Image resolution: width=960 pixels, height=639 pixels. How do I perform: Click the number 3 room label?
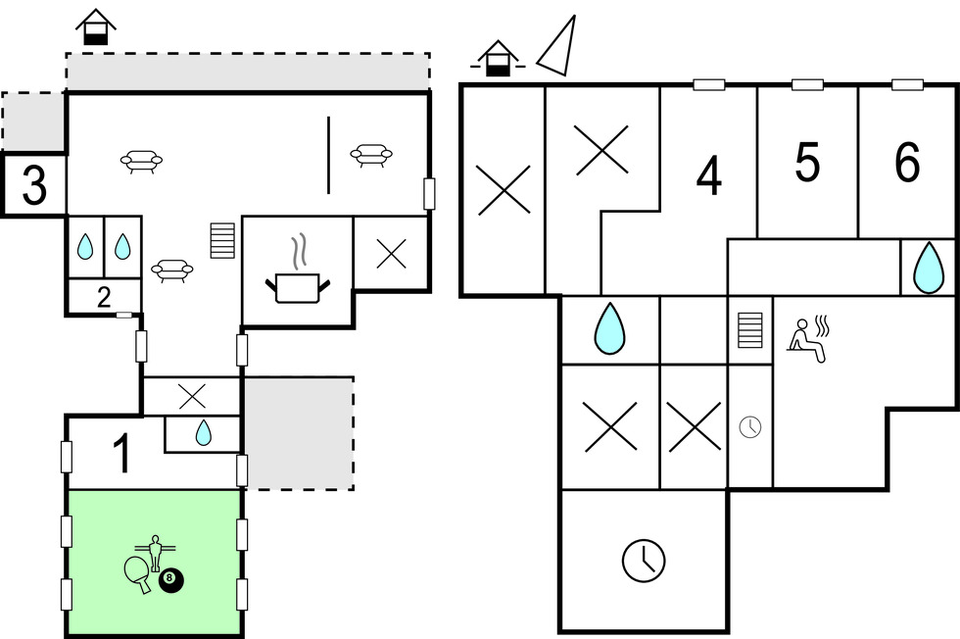coord(33,184)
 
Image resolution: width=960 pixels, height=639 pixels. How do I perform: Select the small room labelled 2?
coord(104,297)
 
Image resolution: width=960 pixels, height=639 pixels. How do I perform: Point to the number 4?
coord(708,176)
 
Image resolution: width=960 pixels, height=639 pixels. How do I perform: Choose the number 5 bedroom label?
coord(807,164)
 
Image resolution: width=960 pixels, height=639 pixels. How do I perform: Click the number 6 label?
coord(907,164)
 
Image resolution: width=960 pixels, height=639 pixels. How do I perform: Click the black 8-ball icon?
coord(171,579)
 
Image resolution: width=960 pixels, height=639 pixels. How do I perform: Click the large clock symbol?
coord(644,560)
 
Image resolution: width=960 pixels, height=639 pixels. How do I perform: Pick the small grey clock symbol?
coord(749,426)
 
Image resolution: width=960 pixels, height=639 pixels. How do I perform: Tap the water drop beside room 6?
coord(927,268)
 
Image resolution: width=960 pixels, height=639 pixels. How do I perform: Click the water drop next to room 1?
coord(203,432)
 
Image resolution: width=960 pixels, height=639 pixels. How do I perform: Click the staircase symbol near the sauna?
coord(749,329)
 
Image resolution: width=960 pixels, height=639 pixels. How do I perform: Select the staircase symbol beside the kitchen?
coord(222,240)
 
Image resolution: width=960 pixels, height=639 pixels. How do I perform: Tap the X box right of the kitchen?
coord(391,254)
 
